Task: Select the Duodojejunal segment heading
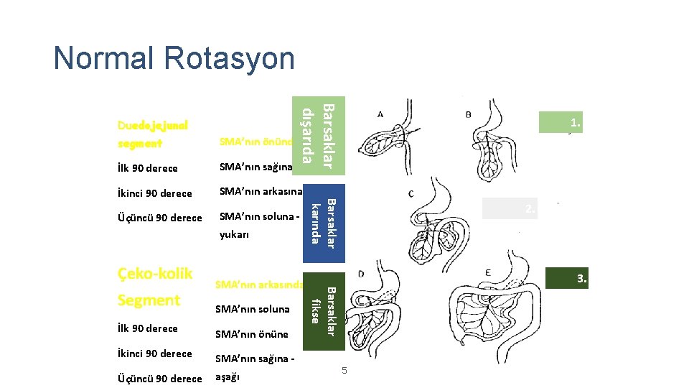(152, 134)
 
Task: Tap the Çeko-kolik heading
(155, 273)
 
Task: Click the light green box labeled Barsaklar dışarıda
(317, 135)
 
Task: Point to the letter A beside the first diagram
(380, 114)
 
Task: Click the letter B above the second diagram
(469, 114)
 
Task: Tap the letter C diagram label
(411, 194)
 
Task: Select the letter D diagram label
(360, 274)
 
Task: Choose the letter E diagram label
(487, 274)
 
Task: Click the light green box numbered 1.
(564, 123)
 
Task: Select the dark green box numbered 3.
(567, 279)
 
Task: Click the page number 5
(344, 370)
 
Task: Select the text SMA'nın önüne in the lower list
(252, 333)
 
